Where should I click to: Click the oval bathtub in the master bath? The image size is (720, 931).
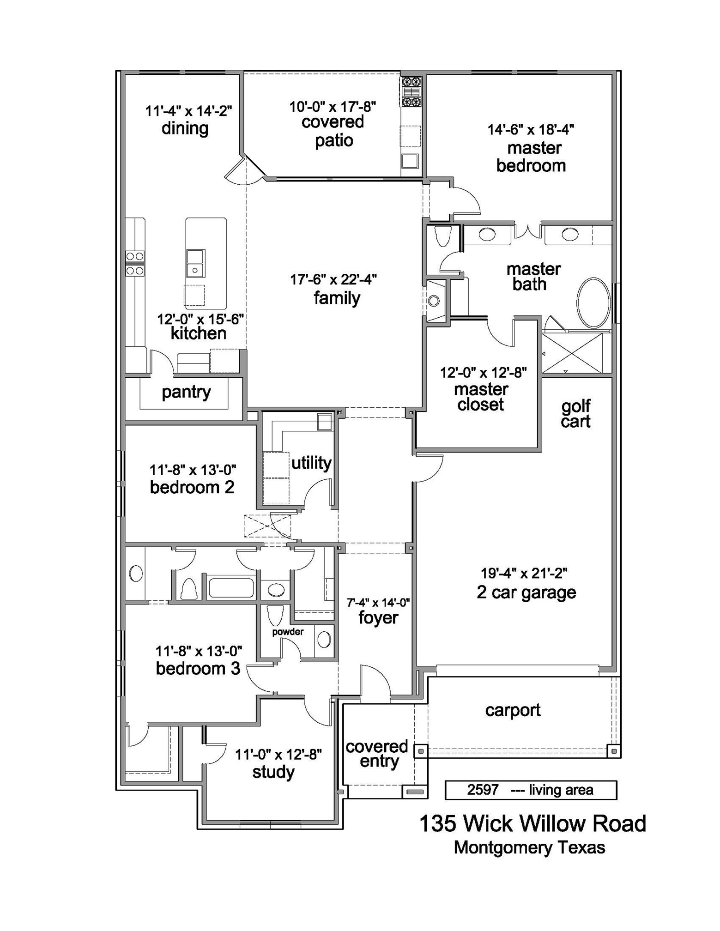tap(593, 303)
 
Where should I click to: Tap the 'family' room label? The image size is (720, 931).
tap(337, 298)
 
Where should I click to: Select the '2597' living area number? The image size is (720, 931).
tap(483, 790)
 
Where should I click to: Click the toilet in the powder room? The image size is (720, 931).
tap(275, 616)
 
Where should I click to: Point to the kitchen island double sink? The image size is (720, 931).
tap(195, 264)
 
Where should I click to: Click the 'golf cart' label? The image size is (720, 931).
tap(575, 414)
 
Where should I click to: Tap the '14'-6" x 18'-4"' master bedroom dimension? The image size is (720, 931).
tap(531, 130)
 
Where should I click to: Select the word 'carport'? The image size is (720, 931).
tap(513, 710)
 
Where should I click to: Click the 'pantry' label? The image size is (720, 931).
tap(186, 393)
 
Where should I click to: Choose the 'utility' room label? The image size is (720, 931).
tap(311, 463)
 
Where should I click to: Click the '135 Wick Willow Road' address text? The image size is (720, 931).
tap(532, 823)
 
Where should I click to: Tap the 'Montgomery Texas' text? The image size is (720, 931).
tap(529, 848)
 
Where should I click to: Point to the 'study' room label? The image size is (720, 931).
tap(273, 772)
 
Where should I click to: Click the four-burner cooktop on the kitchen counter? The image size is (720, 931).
tap(135, 263)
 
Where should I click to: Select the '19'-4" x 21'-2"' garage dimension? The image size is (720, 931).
tap(524, 573)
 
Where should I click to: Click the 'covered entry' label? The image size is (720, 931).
tap(377, 754)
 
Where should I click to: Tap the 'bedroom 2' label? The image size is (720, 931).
tap(192, 487)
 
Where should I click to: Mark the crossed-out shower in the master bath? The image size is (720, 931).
tap(572, 353)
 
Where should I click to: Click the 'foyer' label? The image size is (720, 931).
tap(378, 618)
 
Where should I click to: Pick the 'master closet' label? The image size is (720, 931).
tap(481, 397)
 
